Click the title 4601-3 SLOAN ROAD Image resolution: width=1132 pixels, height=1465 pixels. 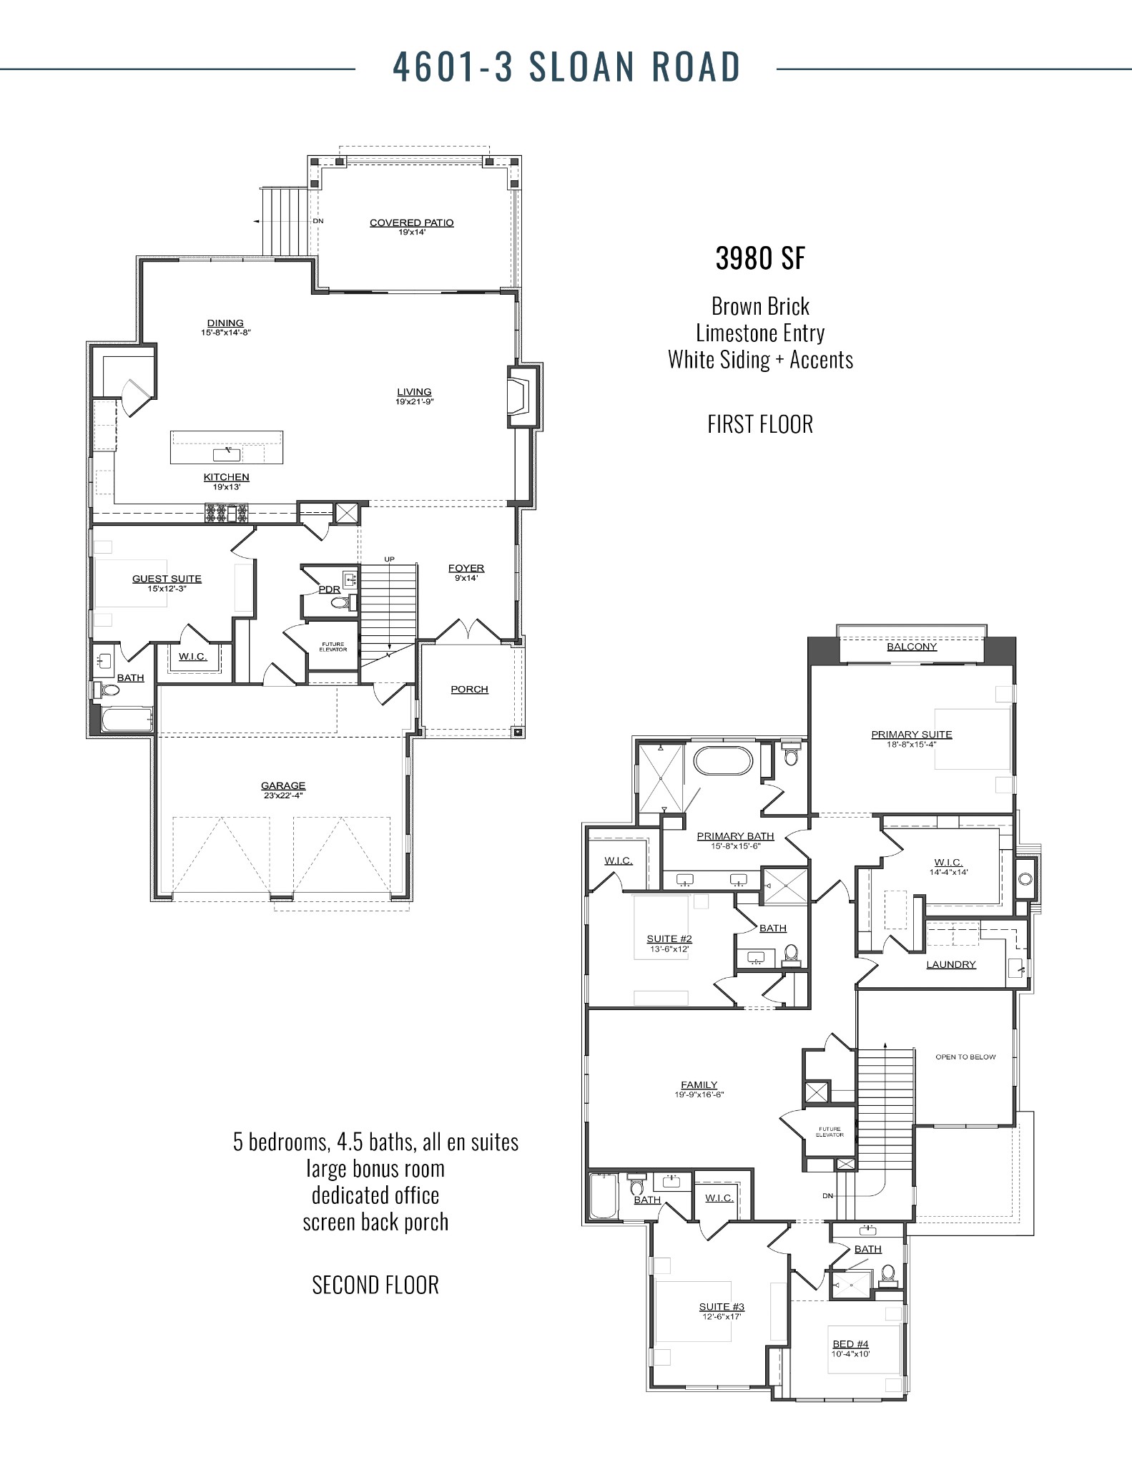click(x=566, y=67)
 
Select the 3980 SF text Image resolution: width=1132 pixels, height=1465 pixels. click(x=759, y=259)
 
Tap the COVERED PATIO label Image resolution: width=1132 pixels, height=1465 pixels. click(x=411, y=222)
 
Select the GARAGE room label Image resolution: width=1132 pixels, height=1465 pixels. click(x=283, y=785)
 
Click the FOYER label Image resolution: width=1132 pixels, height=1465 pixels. click(x=466, y=568)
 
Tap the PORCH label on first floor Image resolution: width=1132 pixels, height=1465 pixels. click(x=469, y=689)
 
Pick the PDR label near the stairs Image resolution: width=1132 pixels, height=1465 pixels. click(x=329, y=589)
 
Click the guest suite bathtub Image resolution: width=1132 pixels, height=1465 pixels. click(x=127, y=720)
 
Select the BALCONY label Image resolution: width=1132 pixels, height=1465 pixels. click(x=911, y=647)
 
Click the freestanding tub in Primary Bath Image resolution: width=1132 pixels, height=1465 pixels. click(x=722, y=760)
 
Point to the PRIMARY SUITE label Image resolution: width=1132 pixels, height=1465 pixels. click(x=911, y=734)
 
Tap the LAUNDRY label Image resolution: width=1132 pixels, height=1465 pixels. click(x=950, y=964)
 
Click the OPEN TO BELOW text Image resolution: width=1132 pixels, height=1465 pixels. click(x=965, y=1057)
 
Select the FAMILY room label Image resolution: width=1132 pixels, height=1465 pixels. click(x=699, y=1084)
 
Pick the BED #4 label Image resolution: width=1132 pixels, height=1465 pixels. click(x=850, y=1344)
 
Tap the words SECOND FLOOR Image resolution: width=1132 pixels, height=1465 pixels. click(x=375, y=1285)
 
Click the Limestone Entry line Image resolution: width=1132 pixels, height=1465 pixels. click(x=759, y=333)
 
